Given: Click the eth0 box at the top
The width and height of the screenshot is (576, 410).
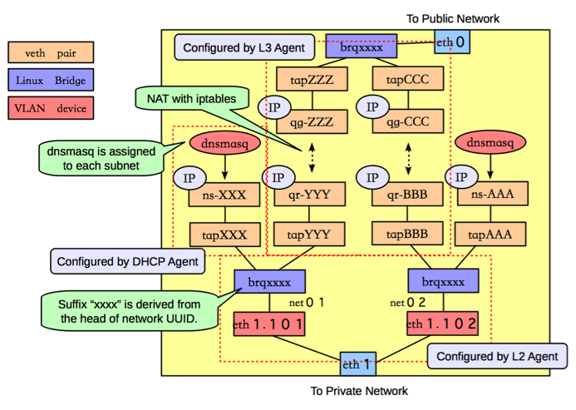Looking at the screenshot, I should [x=450, y=41].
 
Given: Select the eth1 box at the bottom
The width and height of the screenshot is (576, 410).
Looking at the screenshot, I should [x=358, y=363].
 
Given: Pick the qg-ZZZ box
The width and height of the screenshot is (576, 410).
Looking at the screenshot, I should [x=311, y=123].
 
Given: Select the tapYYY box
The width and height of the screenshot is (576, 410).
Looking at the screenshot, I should [x=307, y=235].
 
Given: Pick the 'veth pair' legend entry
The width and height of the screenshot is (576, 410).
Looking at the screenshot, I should [x=51, y=52].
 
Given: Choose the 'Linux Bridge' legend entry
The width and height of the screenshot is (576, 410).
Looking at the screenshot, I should [x=51, y=80].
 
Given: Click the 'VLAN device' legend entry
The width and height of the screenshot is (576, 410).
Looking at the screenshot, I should [x=51, y=108].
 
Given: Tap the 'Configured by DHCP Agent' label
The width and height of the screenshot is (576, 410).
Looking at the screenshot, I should [x=127, y=262].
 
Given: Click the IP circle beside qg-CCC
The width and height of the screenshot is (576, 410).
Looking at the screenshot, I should [x=371, y=108].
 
